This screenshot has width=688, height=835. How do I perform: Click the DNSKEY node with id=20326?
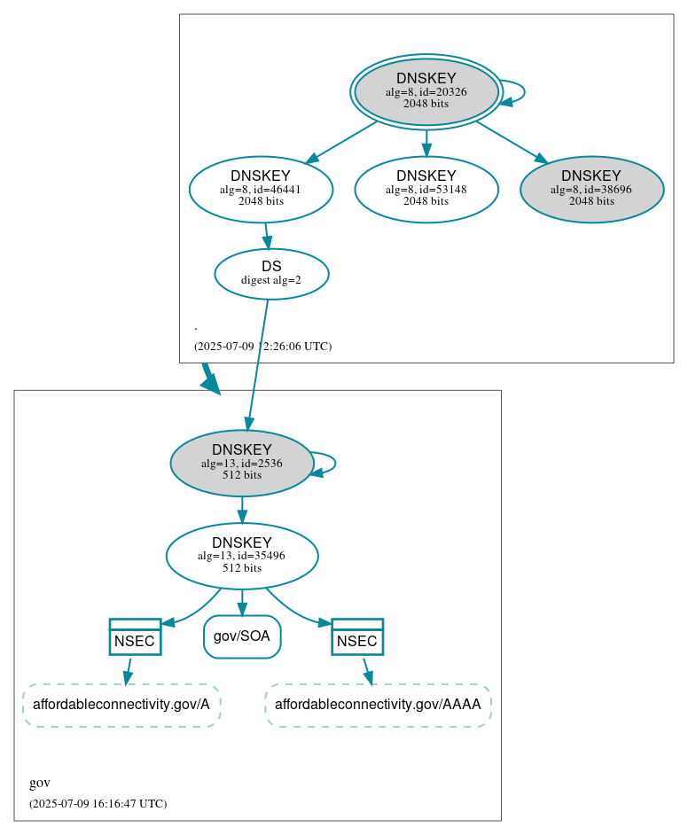click(x=426, y=91)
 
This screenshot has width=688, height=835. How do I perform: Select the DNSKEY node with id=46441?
click(x=261, y=188)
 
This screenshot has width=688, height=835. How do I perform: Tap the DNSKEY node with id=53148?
click(x=426, y=188)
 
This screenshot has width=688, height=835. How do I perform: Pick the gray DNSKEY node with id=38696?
click(x=591, y=188)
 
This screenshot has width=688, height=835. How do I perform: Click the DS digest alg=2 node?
click(x=271, y=273)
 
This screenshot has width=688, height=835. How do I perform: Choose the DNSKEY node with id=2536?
click(x=241, y=462)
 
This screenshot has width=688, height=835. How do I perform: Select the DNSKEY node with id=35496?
click(x=241, y=555)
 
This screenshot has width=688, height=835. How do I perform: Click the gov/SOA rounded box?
click(x=241, y=636)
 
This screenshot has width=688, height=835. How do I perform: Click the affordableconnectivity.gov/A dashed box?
click(x=121, y=706)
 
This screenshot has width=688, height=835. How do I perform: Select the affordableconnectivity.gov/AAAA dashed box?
click(x=378, y=706)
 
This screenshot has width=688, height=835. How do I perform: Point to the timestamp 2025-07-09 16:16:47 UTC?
click(x=98, y=804)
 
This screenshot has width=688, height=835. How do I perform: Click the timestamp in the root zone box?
click(x=262, y=347)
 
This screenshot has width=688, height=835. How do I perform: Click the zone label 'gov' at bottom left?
click(x=40, y=783)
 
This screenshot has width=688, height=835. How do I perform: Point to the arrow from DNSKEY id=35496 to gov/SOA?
click(x=241, y=602)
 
